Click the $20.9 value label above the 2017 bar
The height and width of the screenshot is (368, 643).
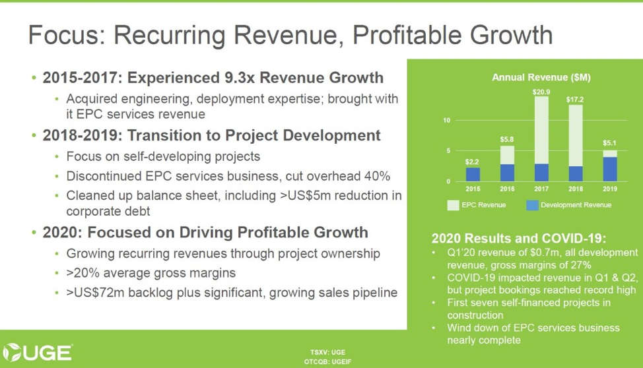tap(541, 90)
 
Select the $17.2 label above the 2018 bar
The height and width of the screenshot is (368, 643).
tap(575, 99)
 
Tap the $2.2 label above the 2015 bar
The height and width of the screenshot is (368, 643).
tap(472, 161)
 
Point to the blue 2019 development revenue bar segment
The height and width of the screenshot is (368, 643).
tap(610, 169)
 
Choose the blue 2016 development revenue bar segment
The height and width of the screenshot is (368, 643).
tap(507, 173)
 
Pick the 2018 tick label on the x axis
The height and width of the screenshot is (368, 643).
tap(575, 188)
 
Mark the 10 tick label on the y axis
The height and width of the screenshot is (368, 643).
tap(447, 121)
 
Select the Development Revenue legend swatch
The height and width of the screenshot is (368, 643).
tap(531, 205)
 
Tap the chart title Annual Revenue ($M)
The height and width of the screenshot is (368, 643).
tap(541, 77)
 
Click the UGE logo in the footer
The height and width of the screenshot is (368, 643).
tap(38, 352)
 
